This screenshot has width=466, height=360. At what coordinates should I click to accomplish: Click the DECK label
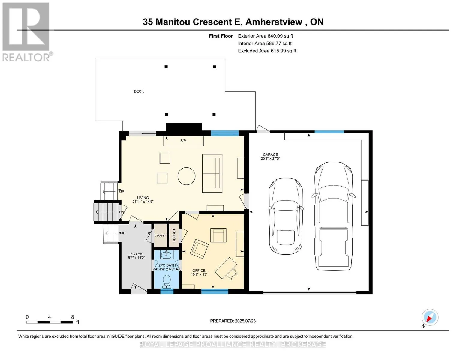pos(139,91)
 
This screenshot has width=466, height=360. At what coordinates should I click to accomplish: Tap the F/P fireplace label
pos(183,140)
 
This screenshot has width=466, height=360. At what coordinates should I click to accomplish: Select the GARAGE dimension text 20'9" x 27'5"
pos(270,159)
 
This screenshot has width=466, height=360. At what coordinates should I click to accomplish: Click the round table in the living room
pos(186,176)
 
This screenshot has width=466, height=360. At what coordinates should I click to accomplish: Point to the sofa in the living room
pos(212,173)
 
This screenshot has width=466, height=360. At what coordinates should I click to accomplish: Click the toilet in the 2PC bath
pos(167,281)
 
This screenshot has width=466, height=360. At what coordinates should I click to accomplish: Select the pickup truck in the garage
pos(333,216)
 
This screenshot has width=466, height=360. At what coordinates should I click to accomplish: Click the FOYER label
pos(136,254)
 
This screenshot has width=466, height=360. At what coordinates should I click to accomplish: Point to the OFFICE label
pos(199,271)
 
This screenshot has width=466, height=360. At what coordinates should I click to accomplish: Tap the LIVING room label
pos(143,198)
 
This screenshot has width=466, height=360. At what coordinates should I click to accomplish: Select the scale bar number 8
pos(72,317)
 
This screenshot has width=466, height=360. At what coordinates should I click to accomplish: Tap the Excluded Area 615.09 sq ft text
pos(267,51)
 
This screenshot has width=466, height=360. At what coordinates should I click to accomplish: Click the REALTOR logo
pos(26,32)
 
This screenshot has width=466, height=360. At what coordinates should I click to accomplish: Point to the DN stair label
pos(122,212)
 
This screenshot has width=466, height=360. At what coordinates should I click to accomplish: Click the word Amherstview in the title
pos(274,22)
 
